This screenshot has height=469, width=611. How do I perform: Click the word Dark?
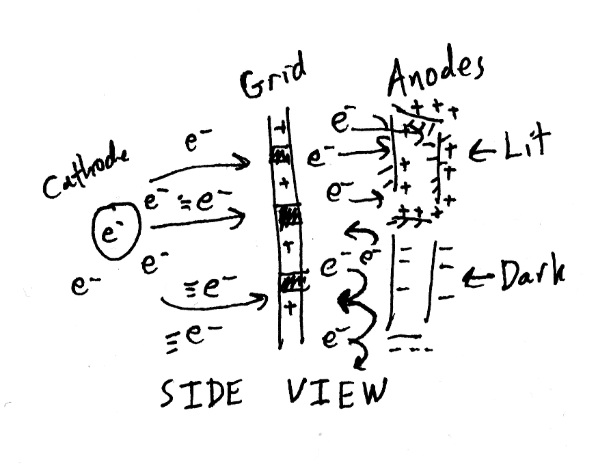click(532, 275)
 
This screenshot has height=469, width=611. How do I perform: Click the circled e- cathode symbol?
click(116, 231)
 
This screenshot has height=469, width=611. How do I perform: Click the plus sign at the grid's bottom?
click(290, 308)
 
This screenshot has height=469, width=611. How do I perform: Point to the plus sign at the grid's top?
click(280, 129)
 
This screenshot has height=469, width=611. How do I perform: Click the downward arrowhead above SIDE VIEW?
click(361, 363)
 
